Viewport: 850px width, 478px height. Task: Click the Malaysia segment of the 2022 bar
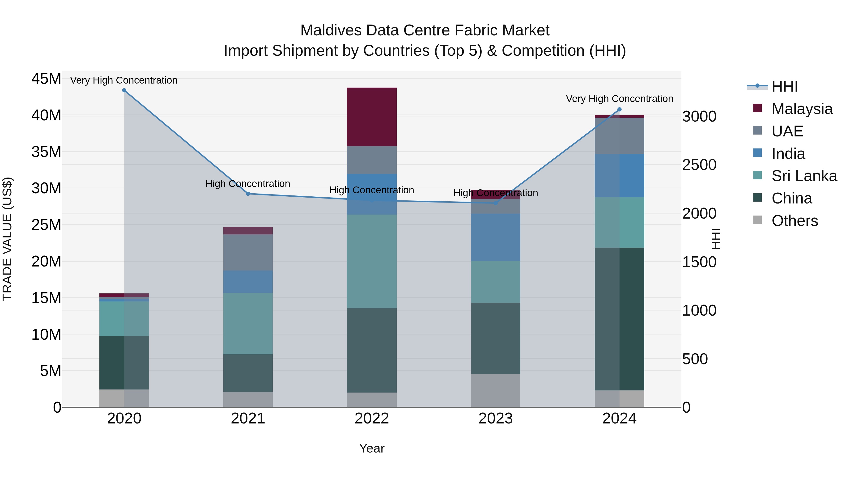pos(372,117)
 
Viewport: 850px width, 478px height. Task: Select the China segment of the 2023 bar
pos(495,338)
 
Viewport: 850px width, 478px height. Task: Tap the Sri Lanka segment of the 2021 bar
pos(248,323)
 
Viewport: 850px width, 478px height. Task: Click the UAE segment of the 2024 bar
pos(619,136)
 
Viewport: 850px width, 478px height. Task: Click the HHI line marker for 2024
pos(619,110)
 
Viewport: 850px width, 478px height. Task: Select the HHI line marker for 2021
pos(248,194)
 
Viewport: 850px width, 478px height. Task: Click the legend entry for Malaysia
pos(802,109)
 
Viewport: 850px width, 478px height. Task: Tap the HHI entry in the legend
pos(785,86)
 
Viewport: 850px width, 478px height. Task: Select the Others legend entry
pos(795,221)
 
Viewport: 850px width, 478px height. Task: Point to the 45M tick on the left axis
pos(46,79)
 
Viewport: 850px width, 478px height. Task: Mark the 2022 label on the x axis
pos(372,419)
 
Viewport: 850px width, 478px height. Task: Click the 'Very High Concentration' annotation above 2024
pos(619,99)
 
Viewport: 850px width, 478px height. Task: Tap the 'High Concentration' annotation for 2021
pos(248,183)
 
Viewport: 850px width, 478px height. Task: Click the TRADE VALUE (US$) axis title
pos(7,239)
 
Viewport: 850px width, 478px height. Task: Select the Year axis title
pos(372,448)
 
